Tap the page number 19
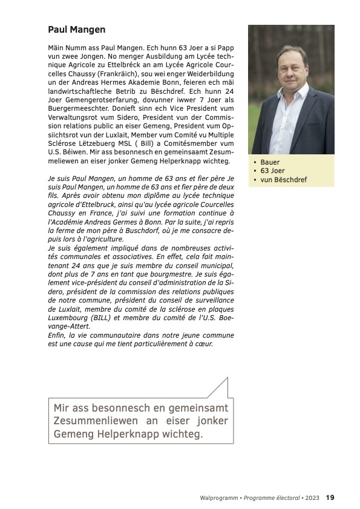click(330, 498)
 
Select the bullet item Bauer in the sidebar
click(270, 162)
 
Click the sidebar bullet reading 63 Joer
click(273, 171)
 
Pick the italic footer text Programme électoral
click(270, 498)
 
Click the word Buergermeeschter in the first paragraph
click(77, 112)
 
